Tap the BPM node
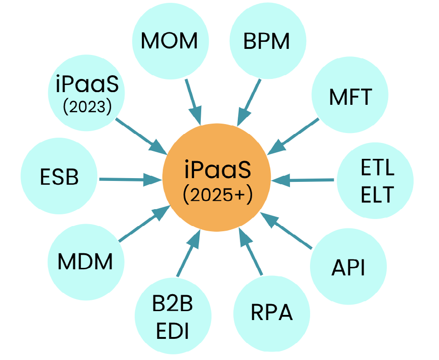pyautogui.click(x=267, y=41)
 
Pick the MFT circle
pyautogui.click(x=350, y=97)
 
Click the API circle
pyautogui.click(x=348, y=267)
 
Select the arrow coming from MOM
pyautogui.click(x=193, y=102)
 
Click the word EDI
pyautogui.click(x=172, y=330)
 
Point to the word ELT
pyautogui.click(x=377, y=194)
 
